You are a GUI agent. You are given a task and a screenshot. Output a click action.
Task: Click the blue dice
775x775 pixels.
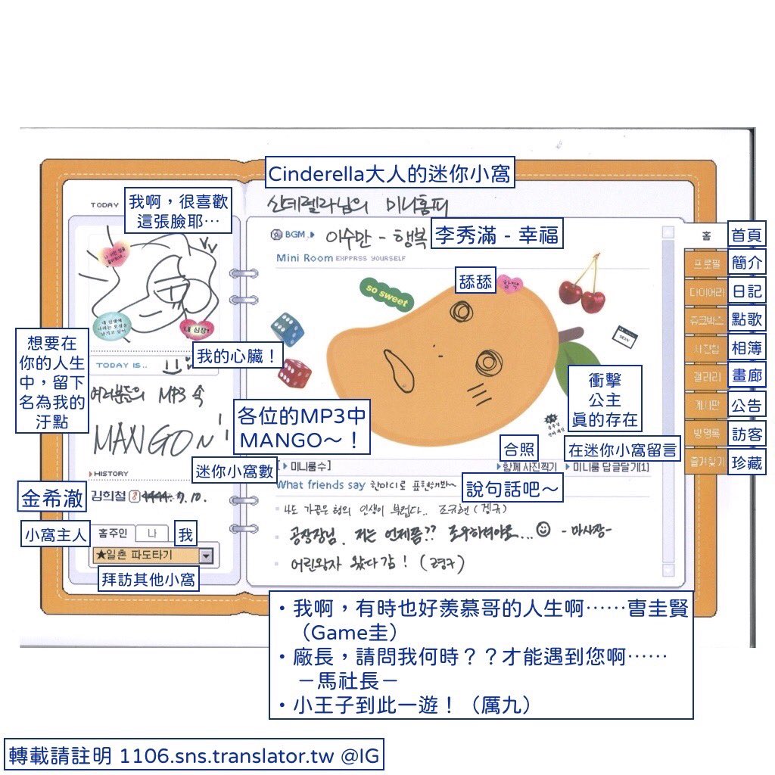click(288, 329)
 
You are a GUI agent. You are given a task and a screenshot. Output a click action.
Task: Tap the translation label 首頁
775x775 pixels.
click(747, 235)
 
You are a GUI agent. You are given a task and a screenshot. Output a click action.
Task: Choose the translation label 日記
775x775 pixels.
click(747, 291)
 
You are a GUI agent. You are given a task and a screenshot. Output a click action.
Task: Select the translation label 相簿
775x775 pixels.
click(747, 348)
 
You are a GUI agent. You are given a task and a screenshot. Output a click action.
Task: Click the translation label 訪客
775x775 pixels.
click(747, 434)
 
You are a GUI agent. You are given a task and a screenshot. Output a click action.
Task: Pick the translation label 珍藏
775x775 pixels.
click(747, 462)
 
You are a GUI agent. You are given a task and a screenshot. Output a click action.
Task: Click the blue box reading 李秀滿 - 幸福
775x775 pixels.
click(496, 235)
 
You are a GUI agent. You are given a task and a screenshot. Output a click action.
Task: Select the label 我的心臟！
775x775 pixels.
click(237, 356)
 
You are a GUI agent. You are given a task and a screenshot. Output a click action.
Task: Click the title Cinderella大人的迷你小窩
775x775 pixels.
click(390, 174)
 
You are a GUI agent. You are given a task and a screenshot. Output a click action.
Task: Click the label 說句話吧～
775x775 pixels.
click(512, 488)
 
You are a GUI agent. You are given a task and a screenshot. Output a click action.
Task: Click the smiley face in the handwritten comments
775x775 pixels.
click(543, 531)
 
